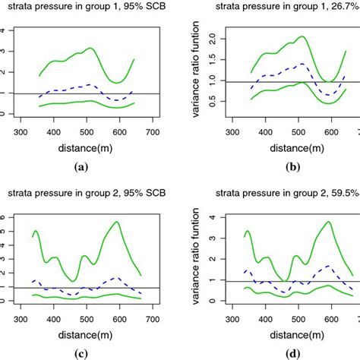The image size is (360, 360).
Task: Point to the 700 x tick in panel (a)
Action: tap(154, 131)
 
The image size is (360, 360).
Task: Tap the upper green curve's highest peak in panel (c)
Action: tap(116, 222)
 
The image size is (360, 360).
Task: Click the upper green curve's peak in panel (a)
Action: tap(91, 48)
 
